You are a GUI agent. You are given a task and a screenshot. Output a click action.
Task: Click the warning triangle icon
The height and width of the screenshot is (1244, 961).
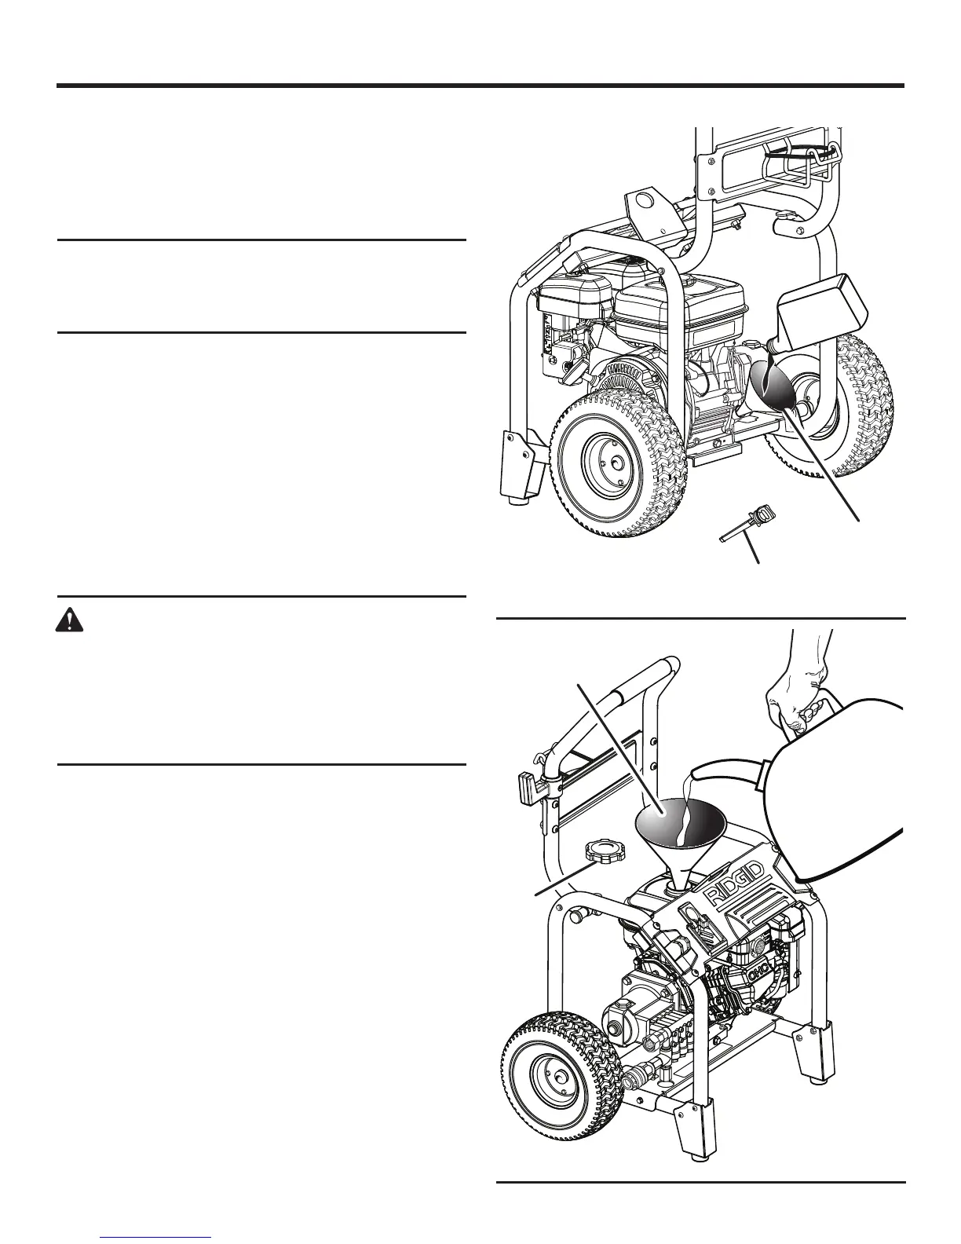click(x=71, y=621)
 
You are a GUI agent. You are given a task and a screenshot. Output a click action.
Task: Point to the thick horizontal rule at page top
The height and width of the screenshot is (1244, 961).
click(x=480, y=86)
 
